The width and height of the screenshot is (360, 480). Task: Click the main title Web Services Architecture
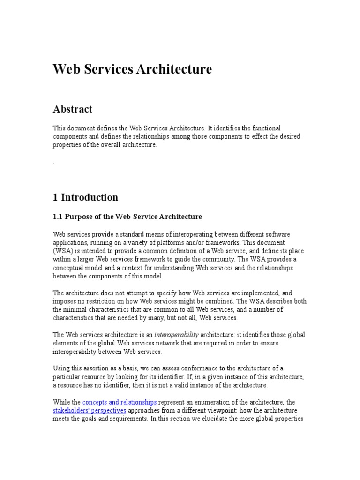[132, 69]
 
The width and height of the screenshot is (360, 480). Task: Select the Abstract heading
[73, 109]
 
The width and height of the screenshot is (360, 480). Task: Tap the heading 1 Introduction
[85, 197]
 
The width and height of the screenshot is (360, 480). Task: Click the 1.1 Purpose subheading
[127, 217]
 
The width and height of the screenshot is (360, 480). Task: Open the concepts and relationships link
[120, 402]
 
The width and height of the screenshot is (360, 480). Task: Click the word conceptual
[71, 268]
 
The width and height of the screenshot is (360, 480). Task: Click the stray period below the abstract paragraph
[54, 163]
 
